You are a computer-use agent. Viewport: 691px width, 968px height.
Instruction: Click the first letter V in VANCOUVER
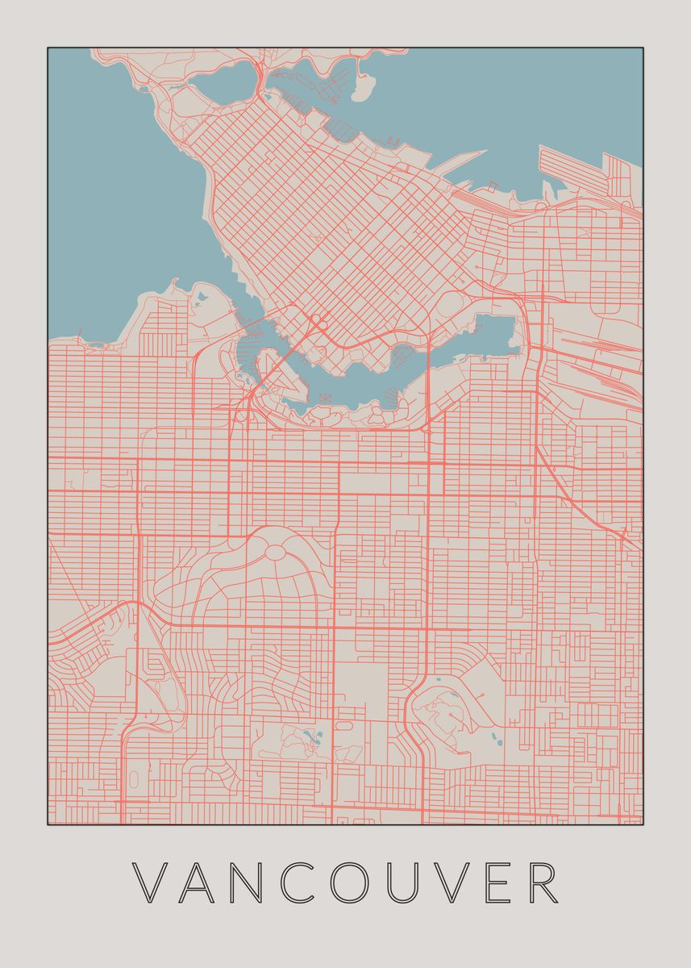pyautogui.click(x=150, y=882)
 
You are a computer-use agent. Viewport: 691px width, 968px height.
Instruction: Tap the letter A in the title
pyautogui.click(x=200, y=882)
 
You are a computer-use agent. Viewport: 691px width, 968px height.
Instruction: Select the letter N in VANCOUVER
pyautogui.click(x=250, y=882)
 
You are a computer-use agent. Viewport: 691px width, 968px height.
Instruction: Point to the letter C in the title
pyautogui.click(x=301, y=882)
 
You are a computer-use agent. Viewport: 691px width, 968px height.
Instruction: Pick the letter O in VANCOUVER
pyautogui.click(x=354, y=882)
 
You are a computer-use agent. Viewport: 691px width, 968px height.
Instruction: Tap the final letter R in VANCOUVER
pyautogui.click(x=544, y=882)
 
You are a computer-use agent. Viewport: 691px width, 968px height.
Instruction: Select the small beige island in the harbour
pyautogui.click(x=364, y=84)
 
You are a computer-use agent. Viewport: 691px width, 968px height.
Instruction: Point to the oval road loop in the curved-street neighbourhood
pyautogui.click(x=275, y=552)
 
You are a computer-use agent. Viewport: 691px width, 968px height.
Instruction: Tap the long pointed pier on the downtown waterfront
pyautogui.click(x=460, y=157)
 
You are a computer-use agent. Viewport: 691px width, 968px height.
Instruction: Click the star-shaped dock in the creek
pyautogui.click(x=326, y=398)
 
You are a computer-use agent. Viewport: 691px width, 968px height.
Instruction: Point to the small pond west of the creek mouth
pyautogui.click(x=198, y=298)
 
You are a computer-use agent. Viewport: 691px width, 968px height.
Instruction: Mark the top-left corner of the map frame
pyautogui.click(x=48, y=48)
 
